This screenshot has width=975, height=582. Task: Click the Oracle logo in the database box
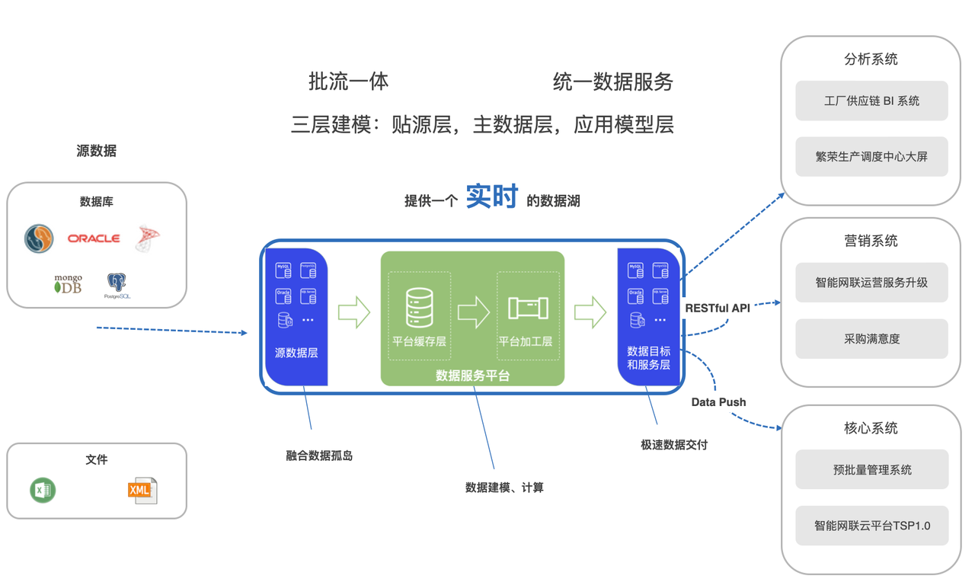click(x=94, y=238)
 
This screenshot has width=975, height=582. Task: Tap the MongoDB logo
click(x=68, y=284)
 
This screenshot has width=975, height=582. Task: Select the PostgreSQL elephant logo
click(x=117, y=285)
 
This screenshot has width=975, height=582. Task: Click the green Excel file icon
click(x=43, y=490)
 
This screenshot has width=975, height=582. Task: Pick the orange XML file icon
click(x=142, y=491)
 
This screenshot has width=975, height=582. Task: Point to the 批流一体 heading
click(x=348, y=82)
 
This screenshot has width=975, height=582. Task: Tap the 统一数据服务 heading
click(x=612, y=82)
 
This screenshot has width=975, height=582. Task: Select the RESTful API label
click(x=717, y=308)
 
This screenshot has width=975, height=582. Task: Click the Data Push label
click(x=718, y=401)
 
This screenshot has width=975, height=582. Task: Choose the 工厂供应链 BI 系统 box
click(x=871, y=101)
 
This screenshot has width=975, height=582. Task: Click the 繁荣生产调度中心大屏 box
click(x=871, y=157)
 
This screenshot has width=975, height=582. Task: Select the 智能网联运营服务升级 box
click(x=871, y=283)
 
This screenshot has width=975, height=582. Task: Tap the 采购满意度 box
click(x=871, y=339)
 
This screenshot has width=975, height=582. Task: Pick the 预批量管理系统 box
click(x=871, y=470)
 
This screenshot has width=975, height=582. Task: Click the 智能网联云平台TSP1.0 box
click(x=871, y=526)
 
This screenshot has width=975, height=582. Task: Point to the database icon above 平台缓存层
click(x=419, y=307)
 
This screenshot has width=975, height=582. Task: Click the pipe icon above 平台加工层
click(x=528, y=308)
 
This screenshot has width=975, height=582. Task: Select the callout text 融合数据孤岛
click(x=319, y=456)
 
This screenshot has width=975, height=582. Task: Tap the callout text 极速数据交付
click(x=673, y=444)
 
